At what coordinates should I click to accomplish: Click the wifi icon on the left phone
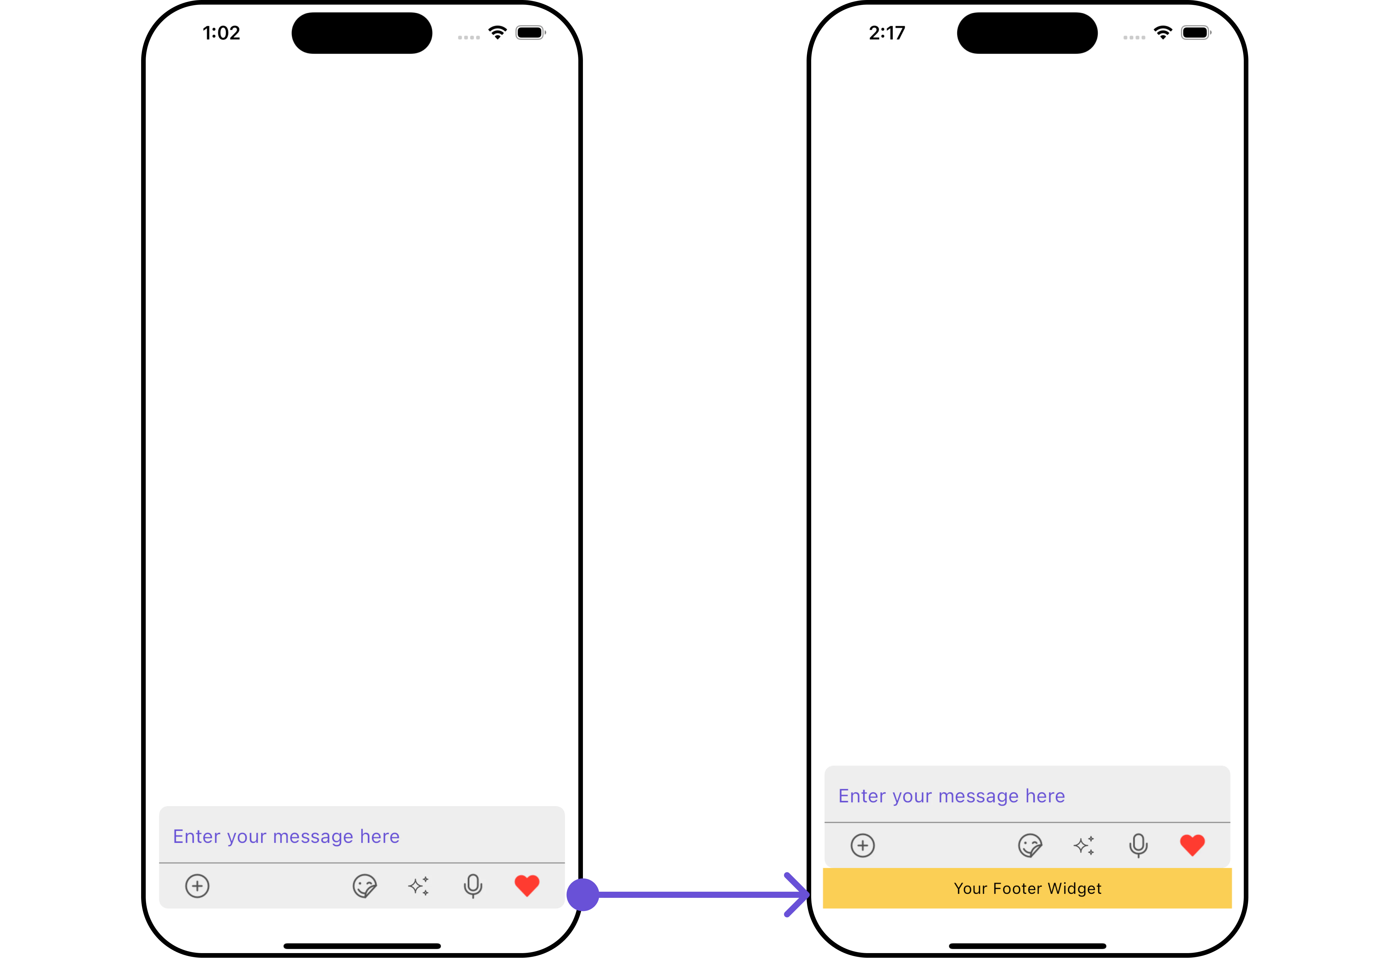(x=497, y=33)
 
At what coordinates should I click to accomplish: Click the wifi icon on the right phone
(x=1163, y=33)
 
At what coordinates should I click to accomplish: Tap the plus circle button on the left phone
(x=197, y=886)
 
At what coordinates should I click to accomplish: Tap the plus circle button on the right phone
(x=863, y=846)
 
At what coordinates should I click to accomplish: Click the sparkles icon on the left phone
(x=419, y=886)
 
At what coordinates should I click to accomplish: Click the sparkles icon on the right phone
(x=1084, y=846)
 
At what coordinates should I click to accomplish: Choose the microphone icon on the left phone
(x=473, y=886)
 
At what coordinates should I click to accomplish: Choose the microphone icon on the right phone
(x=1138, y=846)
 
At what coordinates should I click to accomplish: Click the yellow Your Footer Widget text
(x=1027, y=888)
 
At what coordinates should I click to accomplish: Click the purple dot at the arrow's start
(x=583, y=894)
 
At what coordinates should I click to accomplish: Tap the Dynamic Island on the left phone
(x=362, y=33)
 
